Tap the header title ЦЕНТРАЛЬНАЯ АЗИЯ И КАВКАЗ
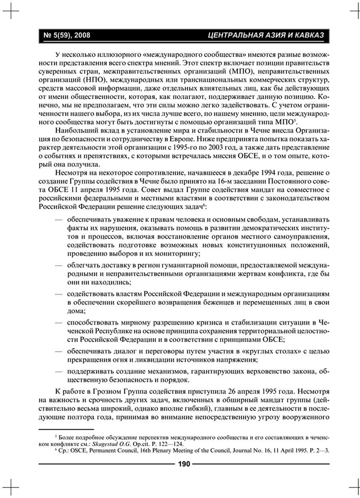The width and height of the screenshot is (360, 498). pos(266,36)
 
